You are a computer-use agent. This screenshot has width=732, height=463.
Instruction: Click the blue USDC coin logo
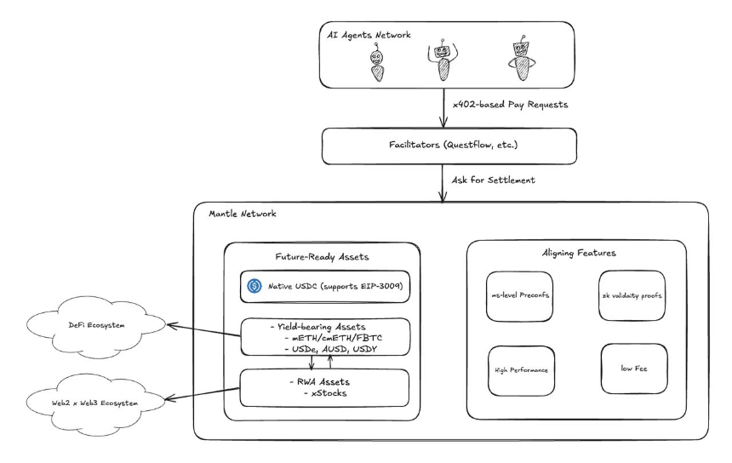pos(254,286)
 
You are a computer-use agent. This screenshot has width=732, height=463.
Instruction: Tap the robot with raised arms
pos(442,60)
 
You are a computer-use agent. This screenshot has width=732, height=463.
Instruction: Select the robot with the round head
pos(377,63)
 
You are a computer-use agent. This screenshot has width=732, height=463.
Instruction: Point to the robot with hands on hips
pos(522,59)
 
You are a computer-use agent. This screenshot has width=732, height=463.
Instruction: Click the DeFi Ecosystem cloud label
pos(97,325)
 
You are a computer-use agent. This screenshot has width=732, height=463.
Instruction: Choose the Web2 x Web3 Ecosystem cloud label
pos(94,403)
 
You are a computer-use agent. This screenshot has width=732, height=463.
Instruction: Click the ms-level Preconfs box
pos(519,296)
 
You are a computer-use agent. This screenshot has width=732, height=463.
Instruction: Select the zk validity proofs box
pos(632,295)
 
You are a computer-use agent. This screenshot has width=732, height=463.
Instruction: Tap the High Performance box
pos(522,370)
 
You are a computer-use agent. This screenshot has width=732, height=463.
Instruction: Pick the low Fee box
pos(634,369)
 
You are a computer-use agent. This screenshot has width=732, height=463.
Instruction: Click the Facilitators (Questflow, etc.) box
pos(449,146)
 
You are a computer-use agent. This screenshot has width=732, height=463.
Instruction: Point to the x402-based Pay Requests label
pos(510,105)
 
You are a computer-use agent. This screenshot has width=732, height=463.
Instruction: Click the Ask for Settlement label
pos(494,180)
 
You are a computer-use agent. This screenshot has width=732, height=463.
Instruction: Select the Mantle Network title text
pos(243,214)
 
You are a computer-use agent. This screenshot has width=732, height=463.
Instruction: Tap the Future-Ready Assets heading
pos(322,257)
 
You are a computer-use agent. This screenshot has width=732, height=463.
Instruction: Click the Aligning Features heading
pos(579,253)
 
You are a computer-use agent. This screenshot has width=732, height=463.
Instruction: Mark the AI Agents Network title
pos(369,35)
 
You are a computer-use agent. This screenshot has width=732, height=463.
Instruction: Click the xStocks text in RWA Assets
pos(329,393)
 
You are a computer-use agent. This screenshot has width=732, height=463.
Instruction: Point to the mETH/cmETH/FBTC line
pos(336,338)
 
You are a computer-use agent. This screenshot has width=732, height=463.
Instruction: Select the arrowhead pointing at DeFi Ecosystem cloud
pos(171,325)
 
